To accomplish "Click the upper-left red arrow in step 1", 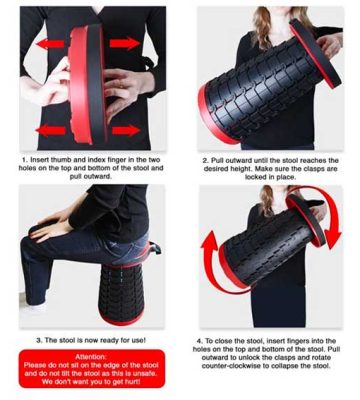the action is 50,44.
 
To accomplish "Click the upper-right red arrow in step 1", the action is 125,43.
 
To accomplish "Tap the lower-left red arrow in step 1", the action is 50,130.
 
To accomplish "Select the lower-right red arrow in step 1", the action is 126,130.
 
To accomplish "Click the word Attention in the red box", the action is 91,357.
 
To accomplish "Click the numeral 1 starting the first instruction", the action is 24,160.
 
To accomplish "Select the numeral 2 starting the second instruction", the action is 205,161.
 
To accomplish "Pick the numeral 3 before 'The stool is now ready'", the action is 39,340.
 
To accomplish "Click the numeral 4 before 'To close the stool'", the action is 199,341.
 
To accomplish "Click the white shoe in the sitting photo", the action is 33,307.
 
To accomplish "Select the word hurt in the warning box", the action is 132,382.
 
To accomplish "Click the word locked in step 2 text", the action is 256,177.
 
